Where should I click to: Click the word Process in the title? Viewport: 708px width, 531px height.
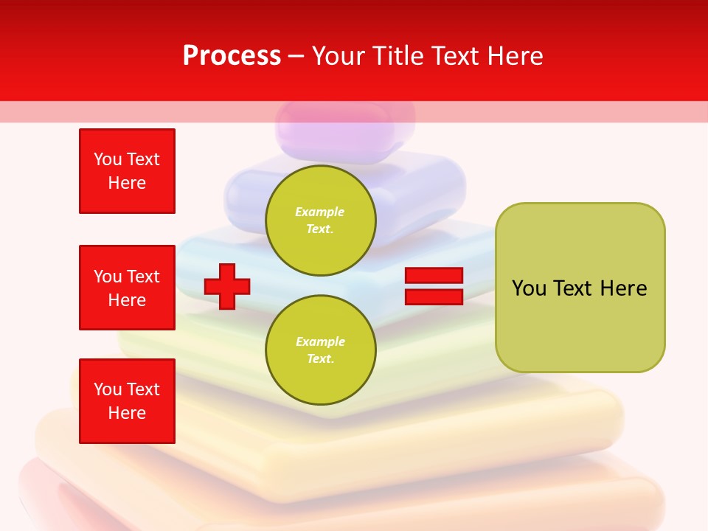tap(232, 56)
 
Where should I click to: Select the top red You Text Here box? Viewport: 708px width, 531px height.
tap(127, 171)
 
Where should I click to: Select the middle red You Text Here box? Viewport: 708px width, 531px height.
tap(127, 288)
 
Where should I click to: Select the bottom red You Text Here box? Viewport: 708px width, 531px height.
tap(127, 401)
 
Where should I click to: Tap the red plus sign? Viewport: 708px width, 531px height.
tap(227, 287)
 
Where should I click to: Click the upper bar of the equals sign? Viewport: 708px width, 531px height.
tap(434, 276)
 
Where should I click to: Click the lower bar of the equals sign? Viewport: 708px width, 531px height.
tap(434, 296)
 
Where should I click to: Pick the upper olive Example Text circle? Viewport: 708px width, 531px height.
tap(321, 220)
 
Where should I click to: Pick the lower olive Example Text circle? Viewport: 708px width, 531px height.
tap(321, 350)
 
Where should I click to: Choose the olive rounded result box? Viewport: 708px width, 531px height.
tap(580, 288)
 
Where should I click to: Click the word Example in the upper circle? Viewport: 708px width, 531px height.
tap(320, 212)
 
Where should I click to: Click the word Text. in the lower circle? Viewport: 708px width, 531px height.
tap(320, 359)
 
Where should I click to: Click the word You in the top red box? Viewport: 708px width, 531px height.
tap(108, 159)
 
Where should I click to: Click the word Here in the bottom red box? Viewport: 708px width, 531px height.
tap(127, 413)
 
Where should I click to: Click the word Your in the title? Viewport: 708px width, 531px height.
tap(338, 56)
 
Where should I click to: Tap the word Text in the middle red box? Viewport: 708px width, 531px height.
tap(142, 277)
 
